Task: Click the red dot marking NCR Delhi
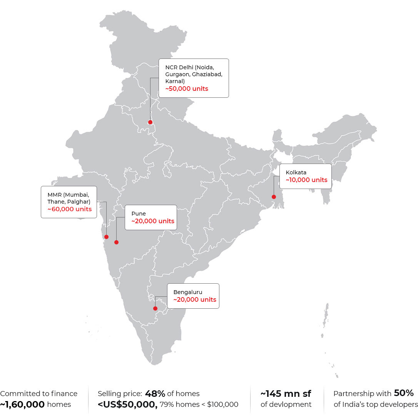pyautogui.click(x=150, y=122)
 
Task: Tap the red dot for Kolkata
pyautogui.click(x=274, y=197)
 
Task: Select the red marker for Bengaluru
pyautogui.click(x=155, y=308)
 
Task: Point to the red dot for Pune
pyautogui.click(x=116, y=242)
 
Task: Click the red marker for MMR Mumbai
pyautogui.click(x=106, y=237)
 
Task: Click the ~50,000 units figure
pyautogui.click(x=187, y=89)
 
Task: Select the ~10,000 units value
pyautogui.click(x=306, y=180)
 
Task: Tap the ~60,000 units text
pyautogui.click(x=69, y=209)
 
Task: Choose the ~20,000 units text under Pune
pyautogui.click(x=153, y=221)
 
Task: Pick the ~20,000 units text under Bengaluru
pyautogui.click(x=195, y=299)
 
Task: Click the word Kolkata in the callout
pyautogui.click(x=296, y=172)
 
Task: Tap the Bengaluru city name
pyautogui.click(x=187, y=292)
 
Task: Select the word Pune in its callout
pyautogui.click(x=138, y=213)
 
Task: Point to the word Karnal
pyautogui.click(x=175, y=81)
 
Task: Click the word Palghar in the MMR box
pyautogui.click(x=80, y=201)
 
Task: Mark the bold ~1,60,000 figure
pyautogui.click(x=23, y=405)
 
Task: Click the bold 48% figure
pyautogui.click(x=155, y=393)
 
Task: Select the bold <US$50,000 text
pyautogui.click(x=127, y=405)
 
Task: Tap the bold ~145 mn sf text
pyautogui.click(x=286, y=393)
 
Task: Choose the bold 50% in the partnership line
pyautogui.click(x=404, y=393)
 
